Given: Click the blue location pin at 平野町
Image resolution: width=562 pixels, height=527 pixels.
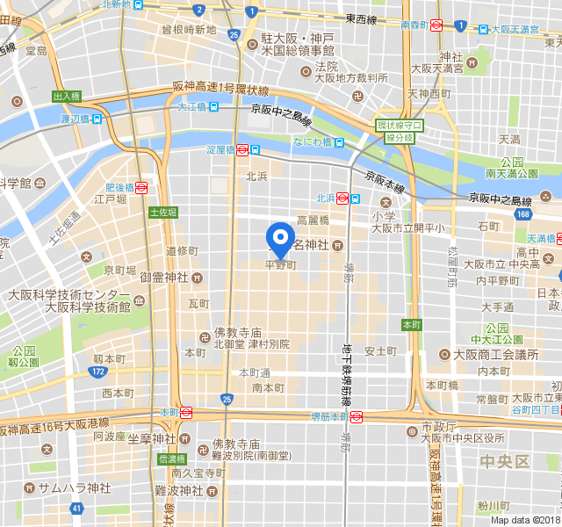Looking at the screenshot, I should point(280,238).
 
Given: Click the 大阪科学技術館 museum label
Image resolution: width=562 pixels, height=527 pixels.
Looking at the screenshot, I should point(88,307).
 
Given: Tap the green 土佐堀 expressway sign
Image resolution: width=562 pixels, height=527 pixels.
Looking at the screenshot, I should point(163,213).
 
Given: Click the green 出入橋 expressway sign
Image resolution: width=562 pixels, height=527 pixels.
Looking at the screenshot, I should point(66,97).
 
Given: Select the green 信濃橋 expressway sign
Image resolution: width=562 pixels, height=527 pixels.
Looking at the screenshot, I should point(172,458).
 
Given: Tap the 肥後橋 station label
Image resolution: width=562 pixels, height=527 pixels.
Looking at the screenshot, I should point(119,187).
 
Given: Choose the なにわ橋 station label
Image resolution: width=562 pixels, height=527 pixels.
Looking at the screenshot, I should point(313,142).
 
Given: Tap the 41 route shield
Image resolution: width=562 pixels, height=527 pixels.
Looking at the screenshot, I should point(77,508).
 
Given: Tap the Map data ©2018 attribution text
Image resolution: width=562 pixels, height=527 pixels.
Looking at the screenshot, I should point(525,520).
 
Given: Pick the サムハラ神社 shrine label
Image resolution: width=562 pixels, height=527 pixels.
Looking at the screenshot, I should point(74,487).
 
